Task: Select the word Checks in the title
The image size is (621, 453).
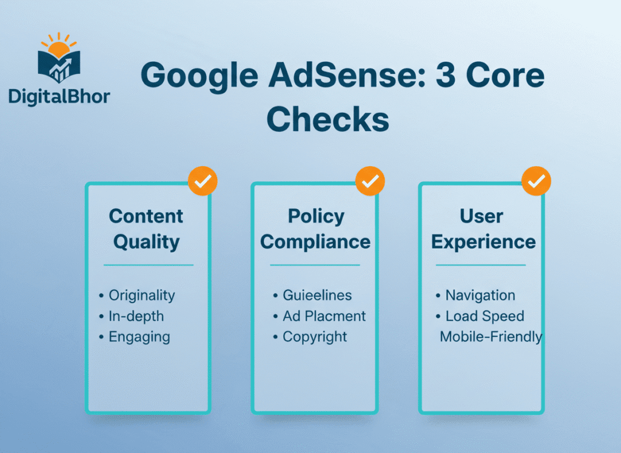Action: click(327, 119)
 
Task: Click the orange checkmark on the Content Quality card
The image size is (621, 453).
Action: click(203, 180)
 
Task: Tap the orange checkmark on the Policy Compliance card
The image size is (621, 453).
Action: click(370, 180)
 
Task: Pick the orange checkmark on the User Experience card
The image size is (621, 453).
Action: click(536, 180)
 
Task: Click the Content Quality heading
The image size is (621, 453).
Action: click(146, 229)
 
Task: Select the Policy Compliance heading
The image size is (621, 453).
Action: click(315, 229)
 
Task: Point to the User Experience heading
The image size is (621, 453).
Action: click(483, 229)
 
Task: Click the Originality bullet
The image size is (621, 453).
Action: click(141, 295)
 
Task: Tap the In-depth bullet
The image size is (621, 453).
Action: click(136, 316)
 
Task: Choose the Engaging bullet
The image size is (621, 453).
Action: click(139, 337)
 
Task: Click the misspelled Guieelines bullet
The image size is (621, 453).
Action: click(317, 295)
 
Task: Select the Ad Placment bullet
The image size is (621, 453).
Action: click(324, 316)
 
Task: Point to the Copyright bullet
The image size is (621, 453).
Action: click(315, 337)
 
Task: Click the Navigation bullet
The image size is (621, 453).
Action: click(480, 295)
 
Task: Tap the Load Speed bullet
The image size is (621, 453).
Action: click(485, 316)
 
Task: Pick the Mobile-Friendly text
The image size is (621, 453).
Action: click(491, 337)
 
